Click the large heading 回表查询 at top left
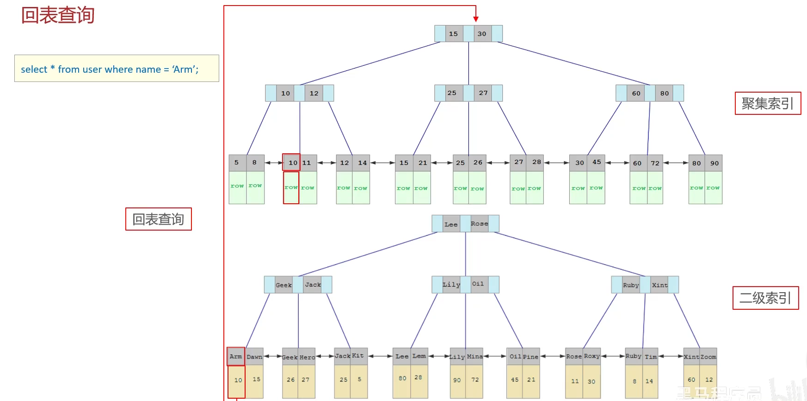[58, 15]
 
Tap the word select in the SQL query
[34, 69]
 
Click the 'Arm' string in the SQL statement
[185, 69]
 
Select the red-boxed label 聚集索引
[768, 103]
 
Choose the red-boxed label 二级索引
[765, 298]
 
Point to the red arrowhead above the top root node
[476, 19]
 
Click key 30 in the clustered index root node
[482, 34]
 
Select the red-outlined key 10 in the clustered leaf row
[292, 163]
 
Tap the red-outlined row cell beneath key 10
[291, 188]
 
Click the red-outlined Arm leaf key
[236, 357]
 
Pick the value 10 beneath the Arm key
[238, 380]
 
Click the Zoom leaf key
[708, 357]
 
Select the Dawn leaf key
[254, 357]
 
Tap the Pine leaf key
[530, 357]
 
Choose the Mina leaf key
[474, 357]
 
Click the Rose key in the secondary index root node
[479, 224]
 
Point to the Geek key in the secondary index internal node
[283, 285]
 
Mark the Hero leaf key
[307, 357]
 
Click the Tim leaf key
[651, 357]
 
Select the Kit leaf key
[358, 356]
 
